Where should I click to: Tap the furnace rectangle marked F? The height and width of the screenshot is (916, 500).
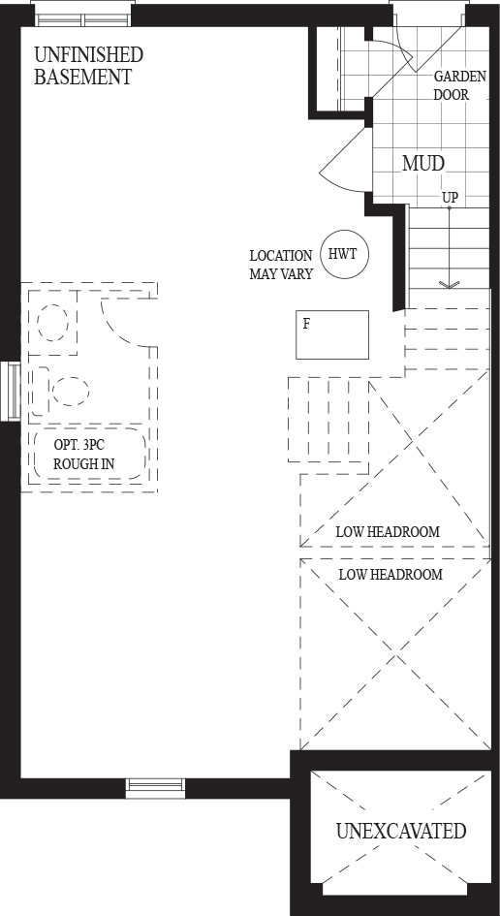[x=332, y=334]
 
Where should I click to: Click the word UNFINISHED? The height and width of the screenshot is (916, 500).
[x=89, y=55]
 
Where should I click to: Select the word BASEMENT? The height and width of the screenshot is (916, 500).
[x=83, y=78]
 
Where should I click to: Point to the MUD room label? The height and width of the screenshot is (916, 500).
[x=423, y=164]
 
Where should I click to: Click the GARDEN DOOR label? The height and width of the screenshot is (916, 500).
[x=459, y=86]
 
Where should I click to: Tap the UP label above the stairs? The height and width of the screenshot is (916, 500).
[x=450, y=198]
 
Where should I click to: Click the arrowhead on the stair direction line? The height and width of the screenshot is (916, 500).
[x=450, y=285]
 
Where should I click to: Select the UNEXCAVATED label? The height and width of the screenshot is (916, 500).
[x=401, y=831]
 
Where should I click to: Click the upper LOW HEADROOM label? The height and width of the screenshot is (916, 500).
[x=388, y=532]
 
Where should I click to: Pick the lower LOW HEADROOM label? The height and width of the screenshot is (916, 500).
[x=391, y=575]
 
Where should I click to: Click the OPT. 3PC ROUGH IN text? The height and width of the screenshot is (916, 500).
[x=83, y=455]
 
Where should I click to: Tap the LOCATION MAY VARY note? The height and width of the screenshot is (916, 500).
[x=281, y=265]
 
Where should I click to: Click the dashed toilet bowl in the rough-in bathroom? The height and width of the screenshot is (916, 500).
[x=70, y=391]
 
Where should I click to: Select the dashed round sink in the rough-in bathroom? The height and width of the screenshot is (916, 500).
[x=52, y=322]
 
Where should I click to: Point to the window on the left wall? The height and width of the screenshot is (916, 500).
[x=11, y=392]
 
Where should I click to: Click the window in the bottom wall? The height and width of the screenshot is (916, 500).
[x=155, y=788]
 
